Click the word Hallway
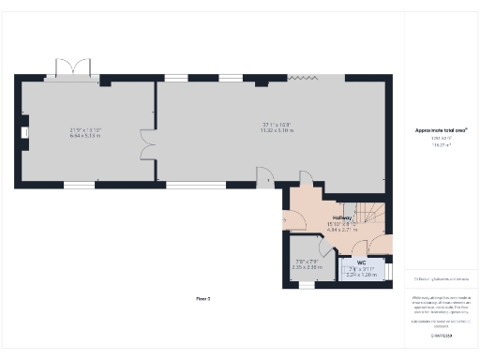click(339, 217)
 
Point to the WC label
click(361, 262)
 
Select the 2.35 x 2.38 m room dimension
click(307, 267)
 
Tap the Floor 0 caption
click(202, 298)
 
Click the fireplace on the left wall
click(24, 132)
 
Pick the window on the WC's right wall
click(389, 267)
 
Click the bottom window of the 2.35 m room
click(307, 284)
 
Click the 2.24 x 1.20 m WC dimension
click(361, 276)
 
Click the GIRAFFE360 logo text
click(441, 335)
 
